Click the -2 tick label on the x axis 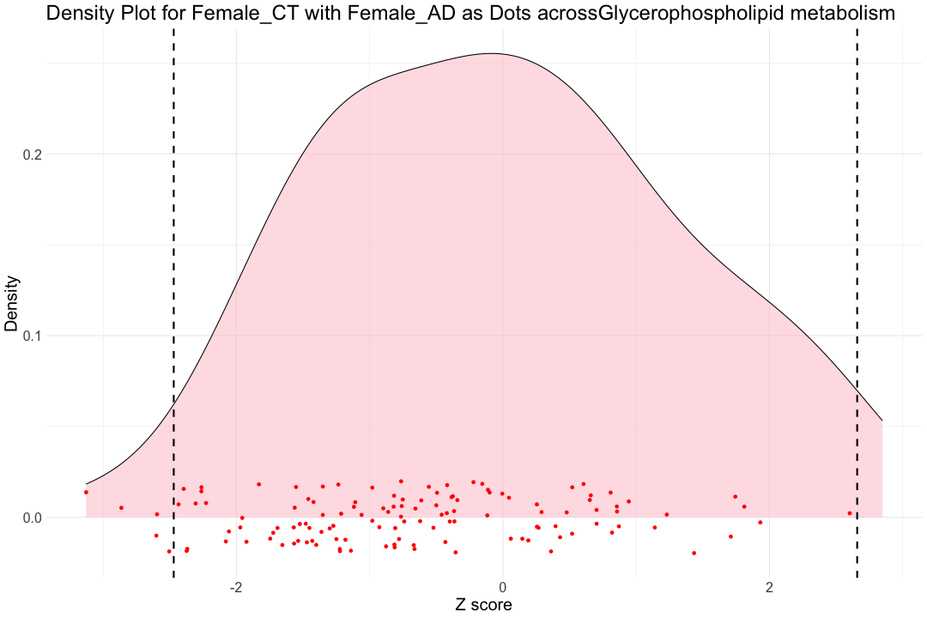coord(236,589)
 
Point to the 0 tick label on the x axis coord(502,589)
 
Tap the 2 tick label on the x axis coord(769,589)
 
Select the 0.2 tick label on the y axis coord(31,154)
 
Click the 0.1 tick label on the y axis coord(31,336)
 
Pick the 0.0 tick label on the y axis coord(31,518)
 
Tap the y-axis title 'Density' coord(12,304)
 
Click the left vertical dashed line coord(174,300)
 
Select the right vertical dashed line coord(857,300)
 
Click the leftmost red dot coord(86,492)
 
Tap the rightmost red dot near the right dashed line coord(850,513)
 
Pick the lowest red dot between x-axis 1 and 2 coord(694,553)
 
